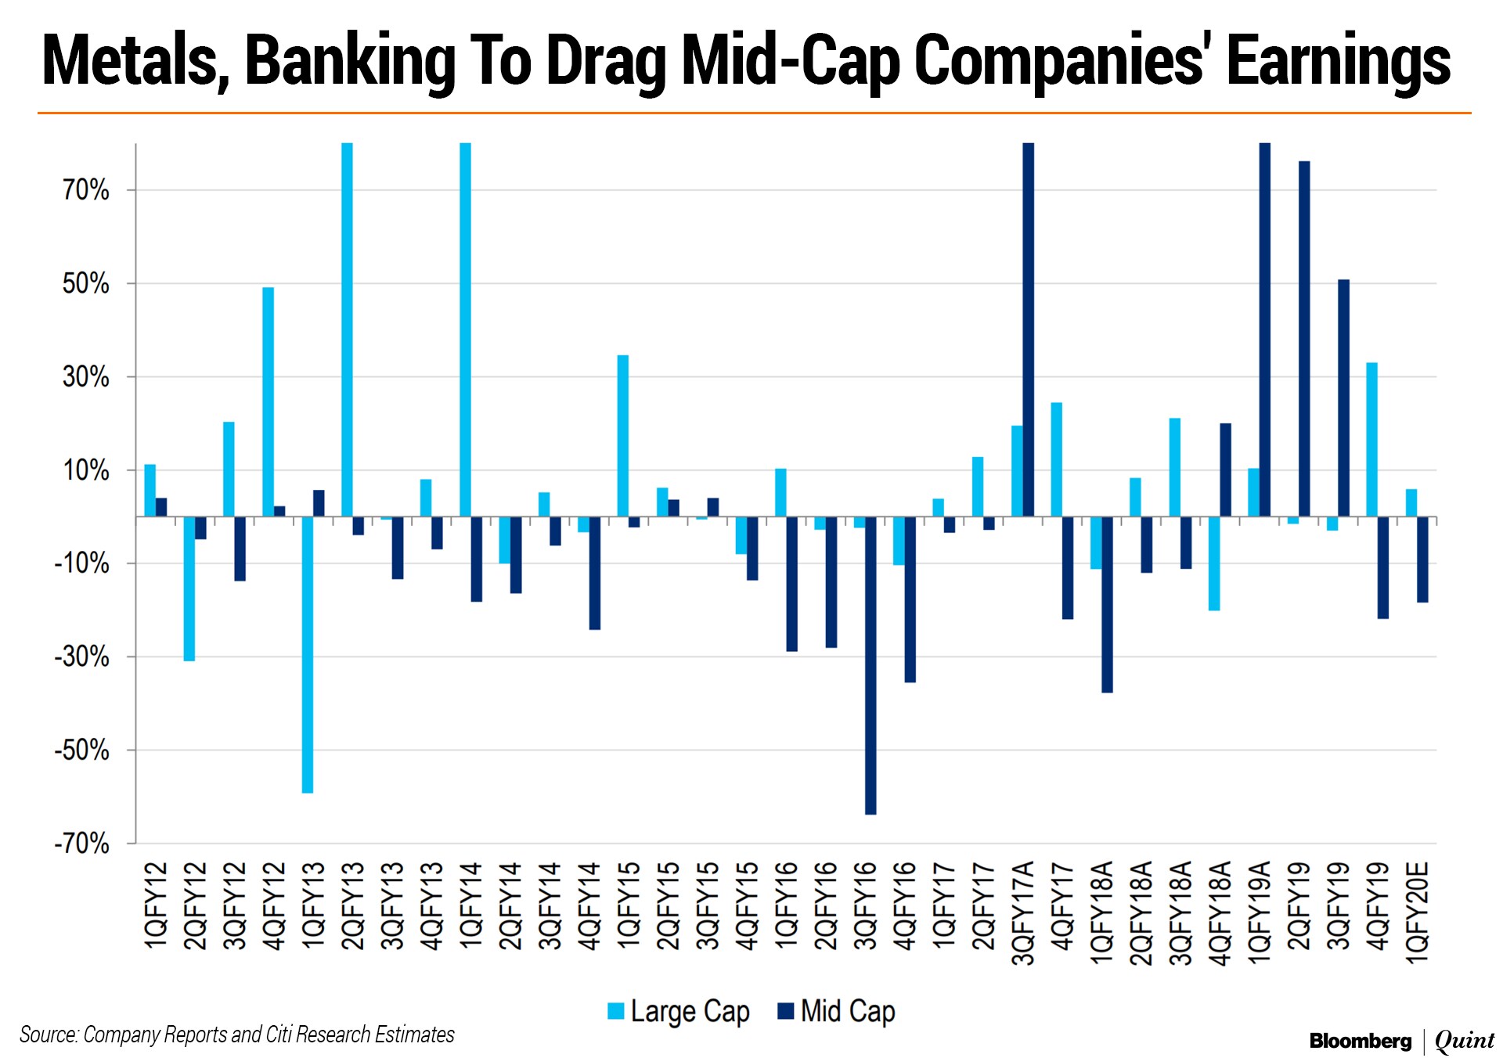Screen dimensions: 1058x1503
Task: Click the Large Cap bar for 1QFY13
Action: click(x=308, y=655)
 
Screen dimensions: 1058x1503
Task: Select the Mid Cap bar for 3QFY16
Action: click(x=870, y=665)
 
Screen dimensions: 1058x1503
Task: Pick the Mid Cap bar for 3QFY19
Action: click(x=1343, y=398)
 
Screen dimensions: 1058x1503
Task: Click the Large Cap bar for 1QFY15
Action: click(x=623, y=436)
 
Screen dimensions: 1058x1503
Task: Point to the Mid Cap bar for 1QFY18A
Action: click(x=1107, y=604)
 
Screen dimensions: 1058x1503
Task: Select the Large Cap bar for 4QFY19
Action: click(x=1371, y=440)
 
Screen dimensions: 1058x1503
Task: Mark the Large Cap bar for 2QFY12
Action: click(x=189, y=588)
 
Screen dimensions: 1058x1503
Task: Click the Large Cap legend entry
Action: click(x=679, y=1011)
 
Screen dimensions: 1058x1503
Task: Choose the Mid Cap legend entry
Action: click(x=836, y=1011)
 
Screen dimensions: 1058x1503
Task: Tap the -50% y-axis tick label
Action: click(x=82, y=750)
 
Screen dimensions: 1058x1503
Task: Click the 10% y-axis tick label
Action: click(x=86, y=470)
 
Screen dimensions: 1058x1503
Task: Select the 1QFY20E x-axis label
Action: click(x=1418, y=912)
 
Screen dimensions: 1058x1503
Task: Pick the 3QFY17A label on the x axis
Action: click(x=1023, y=912)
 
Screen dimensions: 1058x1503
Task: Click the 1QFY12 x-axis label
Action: click(x=156, y=905)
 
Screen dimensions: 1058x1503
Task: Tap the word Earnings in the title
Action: click(x=1339, y=61)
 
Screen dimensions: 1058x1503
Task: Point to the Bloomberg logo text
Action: click(x=1360, y=1041)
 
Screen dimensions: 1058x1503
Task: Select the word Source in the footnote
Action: click(x=48, y=1035)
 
